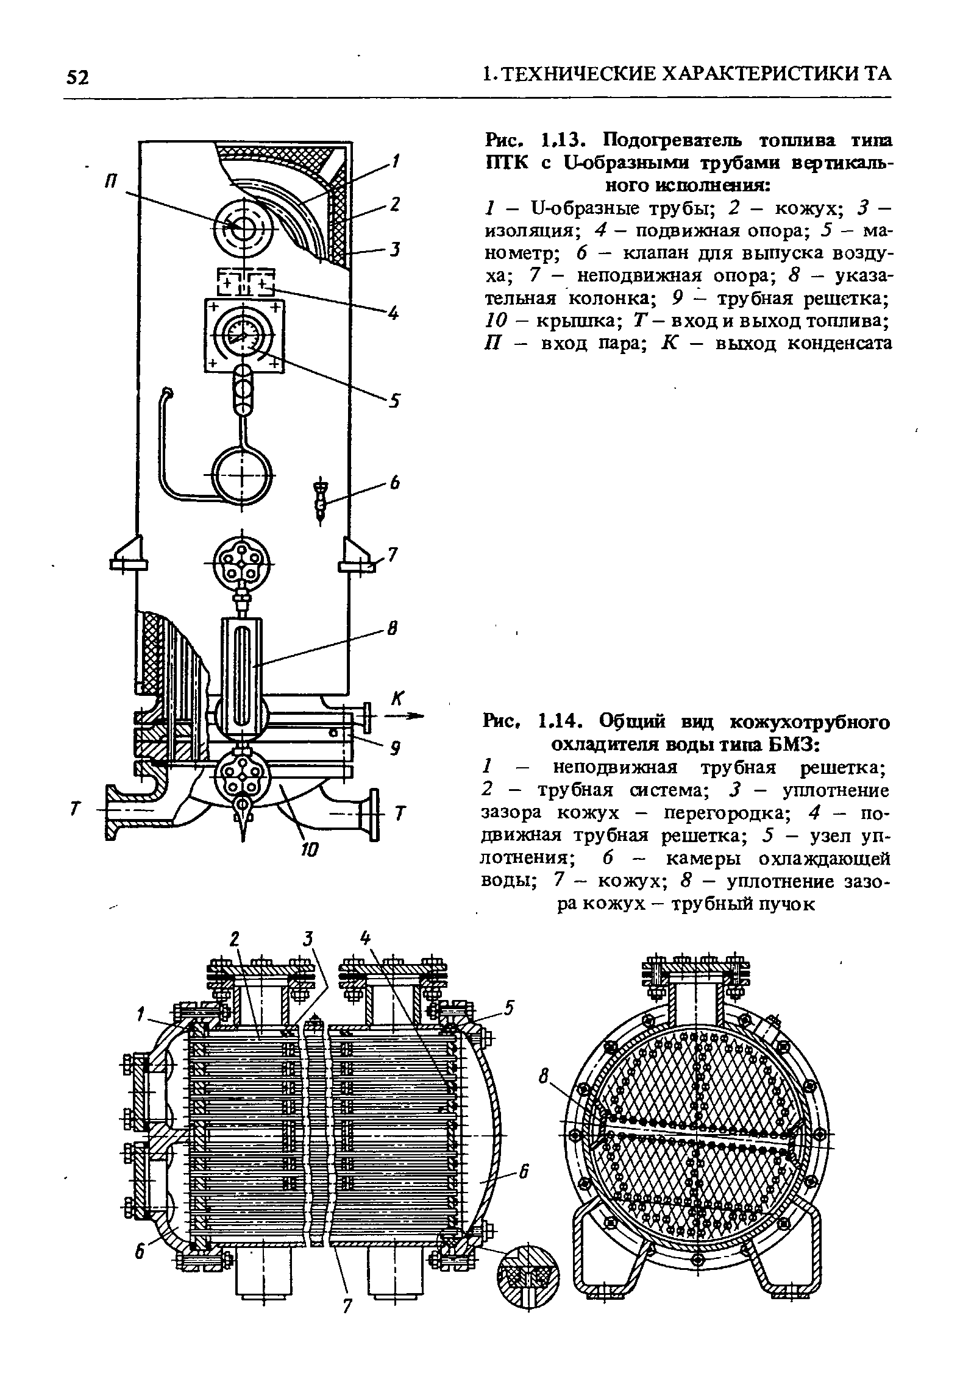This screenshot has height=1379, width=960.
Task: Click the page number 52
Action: [78, 77]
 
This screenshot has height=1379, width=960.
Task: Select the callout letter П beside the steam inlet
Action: [112, 183]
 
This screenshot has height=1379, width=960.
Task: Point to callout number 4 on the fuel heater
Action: [393, 314]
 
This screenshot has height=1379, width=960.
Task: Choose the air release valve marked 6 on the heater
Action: [321, 500]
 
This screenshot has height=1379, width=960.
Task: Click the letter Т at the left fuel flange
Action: [75, 811]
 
